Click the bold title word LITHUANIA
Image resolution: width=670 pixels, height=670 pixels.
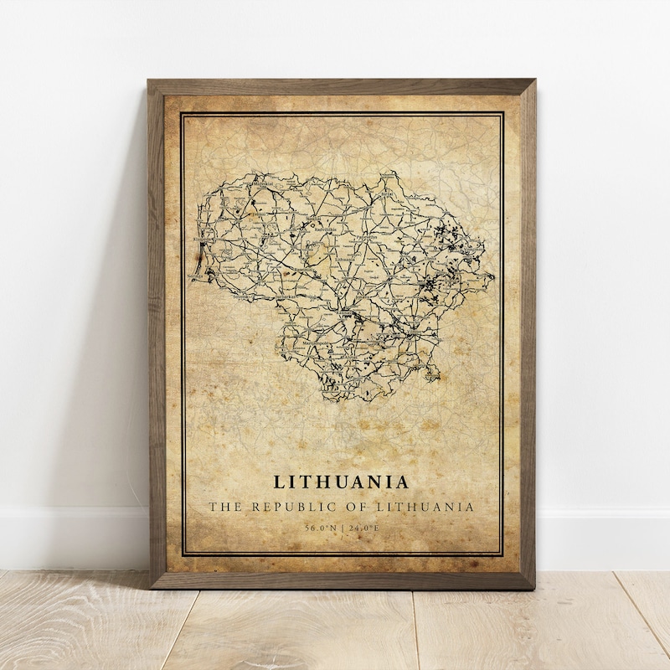[341, 482]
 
